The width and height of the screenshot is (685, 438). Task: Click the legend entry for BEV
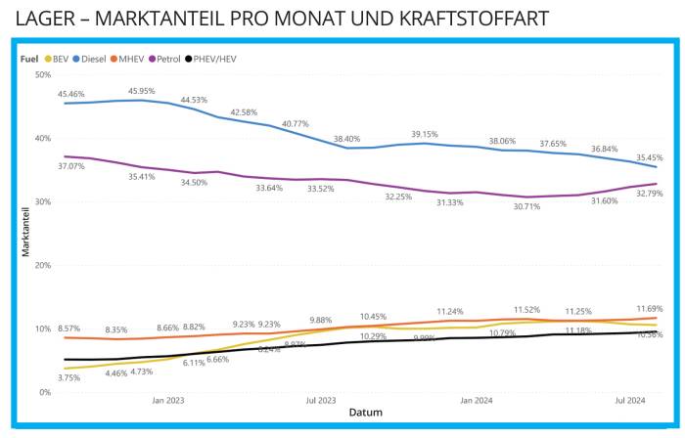tap(57, 59)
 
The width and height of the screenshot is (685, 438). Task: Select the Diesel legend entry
tap(90, 59)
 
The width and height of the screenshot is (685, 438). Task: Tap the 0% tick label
tap(44, 392)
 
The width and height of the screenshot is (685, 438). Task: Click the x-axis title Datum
tap(364, 413)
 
